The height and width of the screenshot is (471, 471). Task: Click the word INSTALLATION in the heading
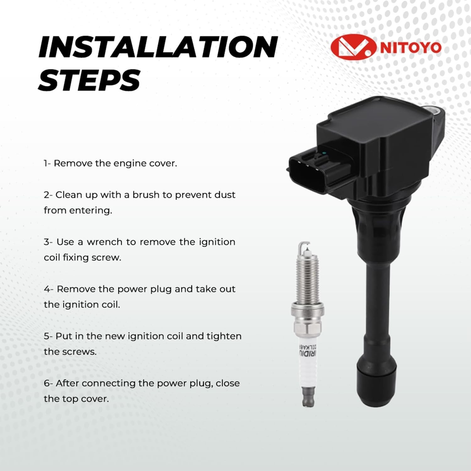click(x=158, y=47)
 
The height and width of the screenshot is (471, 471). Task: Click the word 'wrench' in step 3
click(x=105, y=242)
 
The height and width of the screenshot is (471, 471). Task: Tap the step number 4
click(x=46, y=289)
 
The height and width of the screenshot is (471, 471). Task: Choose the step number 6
click(x=46, y=383)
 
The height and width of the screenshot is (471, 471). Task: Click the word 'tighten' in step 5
click(x=224, y=337)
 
